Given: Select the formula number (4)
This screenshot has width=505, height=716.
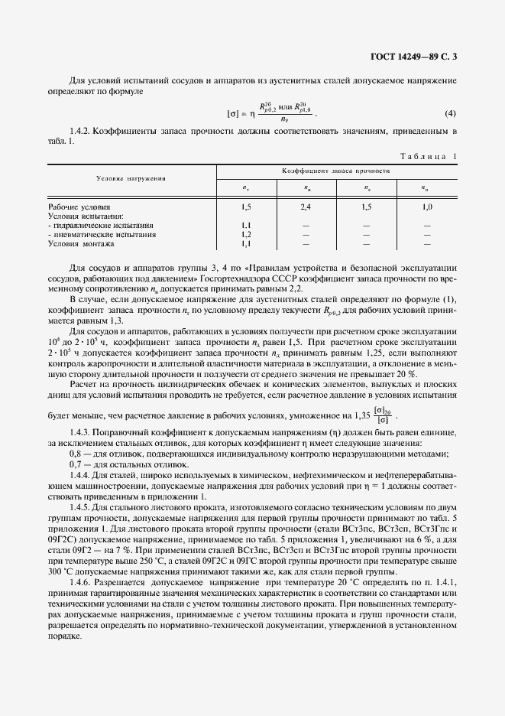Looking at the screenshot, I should (x=450, y=115).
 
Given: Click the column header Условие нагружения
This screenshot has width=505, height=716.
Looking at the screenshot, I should (x=131, y=178).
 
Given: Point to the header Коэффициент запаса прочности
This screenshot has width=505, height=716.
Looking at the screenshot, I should (x=335, y=171).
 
